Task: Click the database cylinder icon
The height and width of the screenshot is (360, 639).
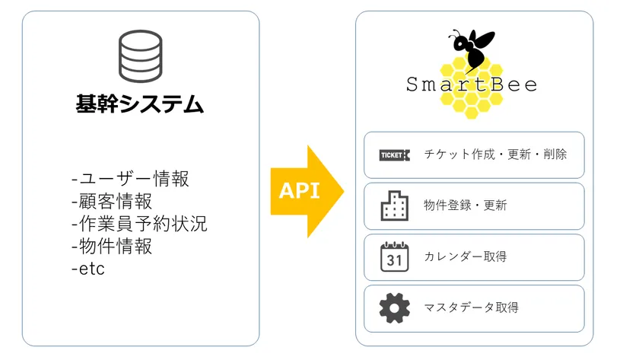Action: click(141, 56)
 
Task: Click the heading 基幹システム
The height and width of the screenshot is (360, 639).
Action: click(140, 104)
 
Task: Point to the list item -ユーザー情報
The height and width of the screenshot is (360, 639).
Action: click(130, 179)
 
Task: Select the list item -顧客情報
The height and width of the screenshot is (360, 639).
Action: click(112, 202)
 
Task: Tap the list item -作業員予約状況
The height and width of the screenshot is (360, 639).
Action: click(139, 224)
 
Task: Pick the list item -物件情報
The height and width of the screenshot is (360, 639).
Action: click(112, 247)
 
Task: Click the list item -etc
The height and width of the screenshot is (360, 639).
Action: click(88, 269)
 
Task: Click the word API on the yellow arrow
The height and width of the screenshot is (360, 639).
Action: click(300, 191)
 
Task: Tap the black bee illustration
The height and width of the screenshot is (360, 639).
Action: click(472, 49)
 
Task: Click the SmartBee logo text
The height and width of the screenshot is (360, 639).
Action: click(472, 84)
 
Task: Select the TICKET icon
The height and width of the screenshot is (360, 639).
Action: click(395, 155)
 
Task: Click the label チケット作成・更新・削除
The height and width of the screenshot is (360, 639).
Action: click(495, 154)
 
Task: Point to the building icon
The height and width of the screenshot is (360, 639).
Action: click(395, 206)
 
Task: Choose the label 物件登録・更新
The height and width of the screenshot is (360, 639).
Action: click(466, 205)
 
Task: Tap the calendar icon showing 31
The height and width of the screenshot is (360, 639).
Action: click(395, 256)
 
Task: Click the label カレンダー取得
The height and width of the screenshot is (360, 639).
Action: click(466, 256)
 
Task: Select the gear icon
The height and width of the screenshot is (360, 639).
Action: click(395, 308)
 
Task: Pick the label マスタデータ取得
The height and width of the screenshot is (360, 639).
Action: click(472, 307)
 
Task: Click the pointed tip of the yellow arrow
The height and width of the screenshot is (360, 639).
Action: click(344, 191)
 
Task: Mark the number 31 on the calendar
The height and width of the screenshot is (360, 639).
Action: click(394, 260)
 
